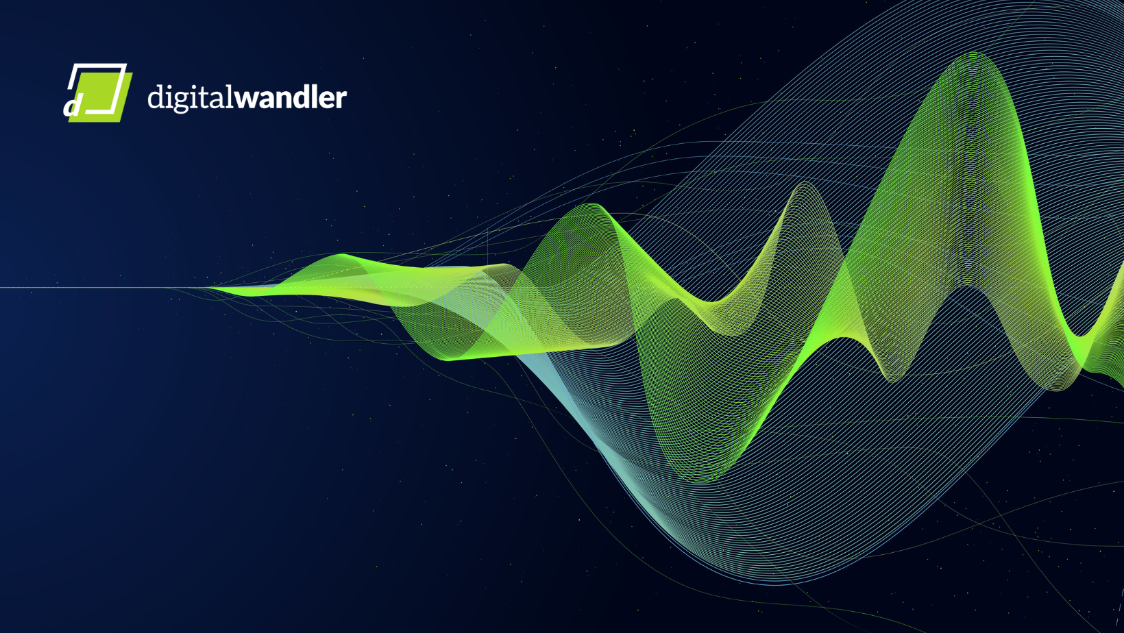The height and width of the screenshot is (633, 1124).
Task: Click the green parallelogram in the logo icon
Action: tap(100, 97)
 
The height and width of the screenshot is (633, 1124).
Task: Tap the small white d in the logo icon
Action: tap(72, 106)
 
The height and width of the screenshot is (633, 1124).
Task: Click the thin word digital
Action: tap(191, 98)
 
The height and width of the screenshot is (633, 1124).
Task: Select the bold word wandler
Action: tap(291, 97)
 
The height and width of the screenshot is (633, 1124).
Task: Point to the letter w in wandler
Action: tap(247, 99)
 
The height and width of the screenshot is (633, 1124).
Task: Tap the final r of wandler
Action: tap(341, 99)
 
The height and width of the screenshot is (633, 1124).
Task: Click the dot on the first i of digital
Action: tap(168, 86)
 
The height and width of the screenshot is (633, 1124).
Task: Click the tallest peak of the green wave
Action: tap(973, 53)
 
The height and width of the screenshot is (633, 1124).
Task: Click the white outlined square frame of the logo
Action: tap(98, 89)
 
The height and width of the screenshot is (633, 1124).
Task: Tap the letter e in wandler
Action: tap(324, 99)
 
